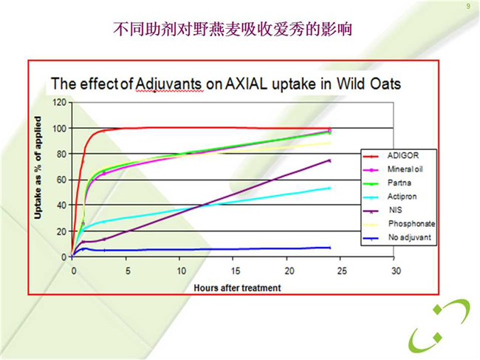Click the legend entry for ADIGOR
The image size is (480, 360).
coord(403,156)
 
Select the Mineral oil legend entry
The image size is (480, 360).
coord(405,169)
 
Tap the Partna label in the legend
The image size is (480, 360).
coord(400,183)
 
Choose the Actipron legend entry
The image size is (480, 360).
coord(402,197)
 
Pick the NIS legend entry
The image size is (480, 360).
coord(395,210)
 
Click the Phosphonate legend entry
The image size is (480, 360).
coord(412,224)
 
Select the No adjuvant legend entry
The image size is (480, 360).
coord(410,237)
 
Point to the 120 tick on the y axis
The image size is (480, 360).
coord(59,102)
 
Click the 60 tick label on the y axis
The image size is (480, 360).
coord(61,180)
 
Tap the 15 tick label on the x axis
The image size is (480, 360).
coord(236,271)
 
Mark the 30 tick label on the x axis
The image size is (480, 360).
coord(396,271)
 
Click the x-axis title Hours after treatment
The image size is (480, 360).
coord(237,288)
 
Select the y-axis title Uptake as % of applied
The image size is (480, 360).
coord(38,168)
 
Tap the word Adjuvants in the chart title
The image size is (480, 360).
coord(168,84)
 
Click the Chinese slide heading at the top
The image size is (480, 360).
coord(233,29)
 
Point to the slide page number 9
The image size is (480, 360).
coord(468,7)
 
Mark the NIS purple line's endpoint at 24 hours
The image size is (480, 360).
coord(329,160)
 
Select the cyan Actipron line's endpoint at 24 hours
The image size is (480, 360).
coord(329,188)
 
